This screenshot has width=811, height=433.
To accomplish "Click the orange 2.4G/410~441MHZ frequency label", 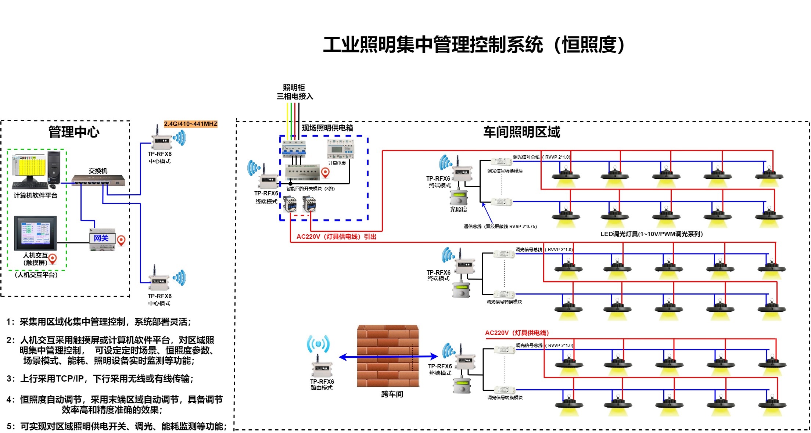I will tap(190, 124).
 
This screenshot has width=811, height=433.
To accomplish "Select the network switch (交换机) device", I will tap(98, 180).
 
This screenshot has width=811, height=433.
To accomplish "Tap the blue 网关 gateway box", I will tap(102, 238).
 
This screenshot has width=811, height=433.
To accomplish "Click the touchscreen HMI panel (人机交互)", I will tap(35, 233).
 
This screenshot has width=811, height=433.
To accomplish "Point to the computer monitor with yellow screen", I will tap(29, 167).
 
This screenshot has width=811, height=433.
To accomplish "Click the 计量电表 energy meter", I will tap(340, 149).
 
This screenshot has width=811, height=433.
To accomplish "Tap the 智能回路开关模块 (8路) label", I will tap(311, 189).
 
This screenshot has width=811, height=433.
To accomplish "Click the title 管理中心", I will tap(73, 132).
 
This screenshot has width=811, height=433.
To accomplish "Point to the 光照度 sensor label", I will tap(459, 209).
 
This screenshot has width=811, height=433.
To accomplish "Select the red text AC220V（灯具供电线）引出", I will tap(336, 237).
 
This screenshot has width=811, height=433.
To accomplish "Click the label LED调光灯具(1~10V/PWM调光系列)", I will tap(651, 234).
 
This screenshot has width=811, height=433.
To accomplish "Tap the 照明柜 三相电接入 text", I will tap(294, 92).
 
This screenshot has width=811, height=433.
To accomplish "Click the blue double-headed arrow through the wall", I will tap(388, 357).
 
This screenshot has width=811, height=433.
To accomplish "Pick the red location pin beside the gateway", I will tap(121, 240).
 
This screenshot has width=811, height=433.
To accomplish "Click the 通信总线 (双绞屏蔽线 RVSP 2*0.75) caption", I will tap(500, 227).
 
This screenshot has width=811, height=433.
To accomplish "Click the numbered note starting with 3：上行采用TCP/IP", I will tap(100, 379).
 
